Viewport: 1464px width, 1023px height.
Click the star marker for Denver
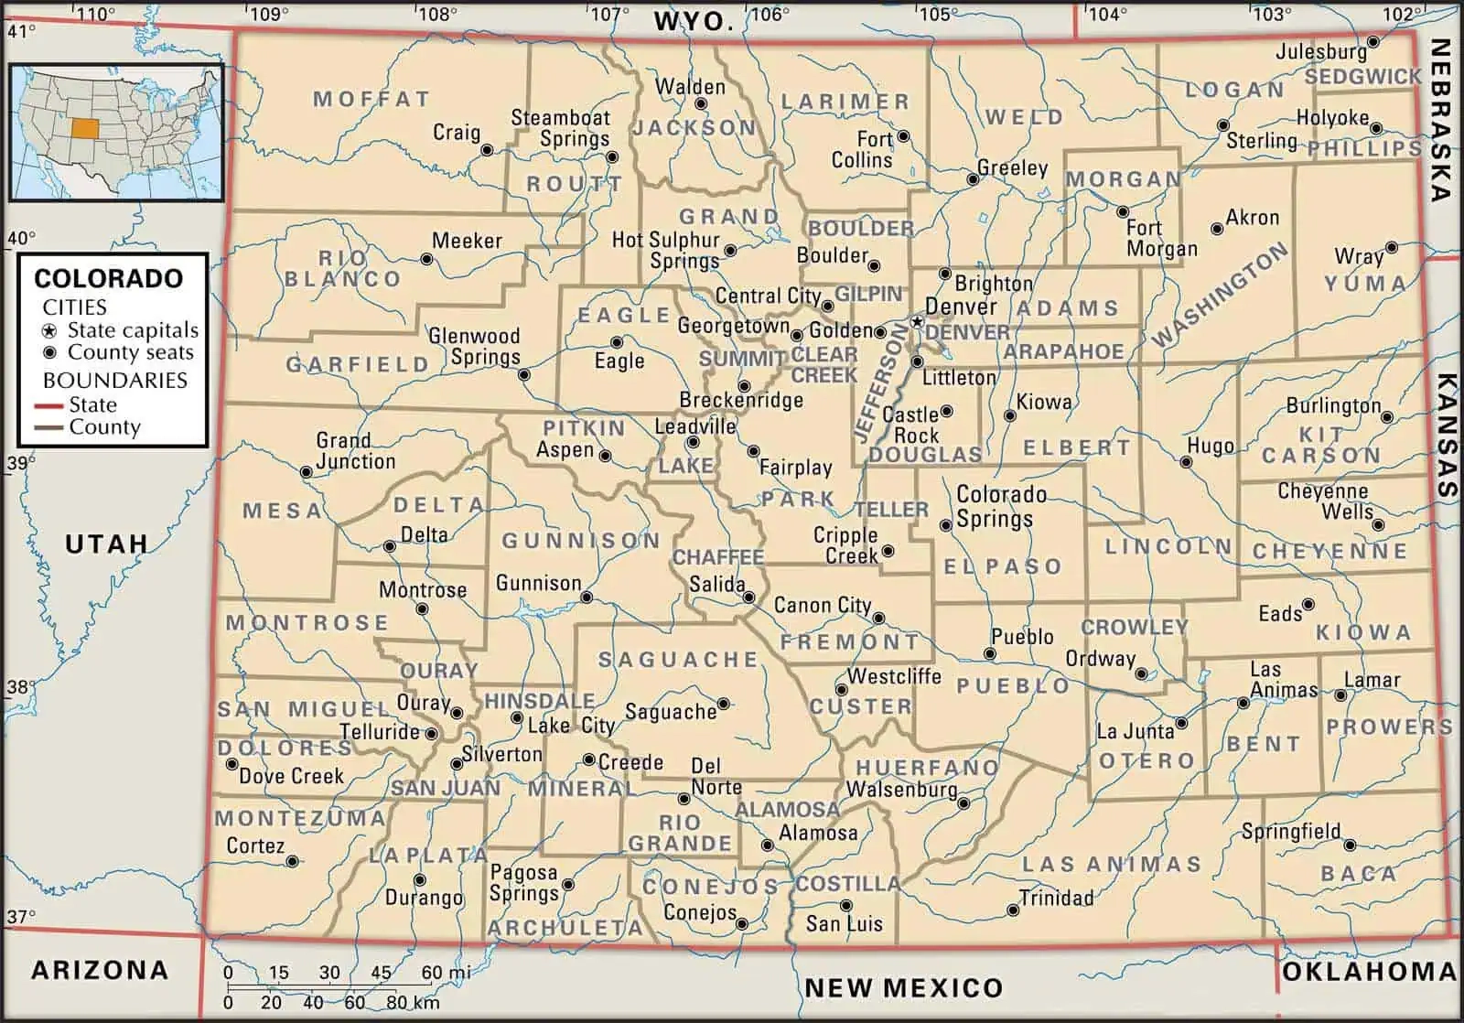[x=917, y=322]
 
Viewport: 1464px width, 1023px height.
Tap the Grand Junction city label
[x=355, y=451]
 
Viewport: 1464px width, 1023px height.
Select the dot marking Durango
[x=419, y=879]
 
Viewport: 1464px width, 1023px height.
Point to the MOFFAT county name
[x=371, y=99]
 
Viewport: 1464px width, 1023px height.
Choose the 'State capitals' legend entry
[x=133, y=330]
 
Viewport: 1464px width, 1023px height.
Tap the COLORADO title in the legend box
[x=108, y=278]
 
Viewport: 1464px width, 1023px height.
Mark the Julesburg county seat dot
[x=1373, y=42]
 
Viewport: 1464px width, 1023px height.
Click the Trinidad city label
[x=1056, y=898]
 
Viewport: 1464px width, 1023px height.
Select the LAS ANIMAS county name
[x=1111, y=863]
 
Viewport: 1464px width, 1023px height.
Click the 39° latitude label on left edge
[x=18, y=463]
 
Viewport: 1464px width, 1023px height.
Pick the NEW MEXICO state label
[x=903, y=987]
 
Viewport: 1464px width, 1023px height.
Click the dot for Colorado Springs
[x=946, y=525]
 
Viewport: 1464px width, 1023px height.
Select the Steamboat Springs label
[x=560, y=128]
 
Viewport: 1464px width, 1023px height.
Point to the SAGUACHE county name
[x=678, y=659]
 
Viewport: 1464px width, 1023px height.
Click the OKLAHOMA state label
[x=1368, y=972]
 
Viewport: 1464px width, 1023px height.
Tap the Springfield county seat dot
[x=1350, y=845]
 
